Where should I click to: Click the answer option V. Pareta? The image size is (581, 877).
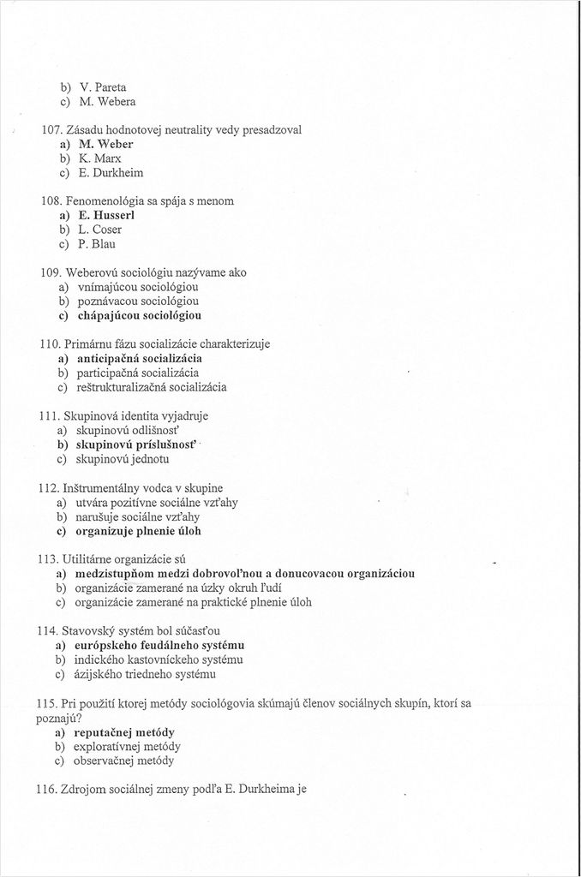point(103,87)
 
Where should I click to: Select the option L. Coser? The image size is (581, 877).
point(100,230)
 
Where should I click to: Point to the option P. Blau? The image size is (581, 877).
point(97,244)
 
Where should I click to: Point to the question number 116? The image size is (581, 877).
point(51,789)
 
